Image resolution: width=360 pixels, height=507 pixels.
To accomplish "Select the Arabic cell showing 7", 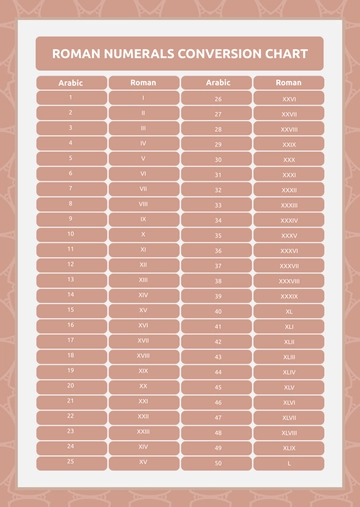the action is click(x=70, y=188).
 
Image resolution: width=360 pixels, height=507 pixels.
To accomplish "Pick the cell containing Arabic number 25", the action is click(x=70, y=462).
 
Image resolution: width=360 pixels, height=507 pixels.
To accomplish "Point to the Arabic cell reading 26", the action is click(x=217, y=99).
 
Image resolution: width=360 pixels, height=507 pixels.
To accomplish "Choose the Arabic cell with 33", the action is click(x=217, y=205).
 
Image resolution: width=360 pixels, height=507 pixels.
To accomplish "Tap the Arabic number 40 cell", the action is click(x=217, y=311).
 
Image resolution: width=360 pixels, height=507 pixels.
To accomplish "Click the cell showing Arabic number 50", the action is click(x=217, y=463).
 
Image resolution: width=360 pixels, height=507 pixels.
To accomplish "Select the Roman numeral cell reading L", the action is click(x=288, y=463).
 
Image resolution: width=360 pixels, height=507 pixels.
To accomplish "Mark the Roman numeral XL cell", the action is click(x=288, y=311).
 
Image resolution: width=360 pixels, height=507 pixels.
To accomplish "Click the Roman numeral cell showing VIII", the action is click(x=143, y=204).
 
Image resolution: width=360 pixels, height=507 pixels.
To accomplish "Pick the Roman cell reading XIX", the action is click(x=143, y=371).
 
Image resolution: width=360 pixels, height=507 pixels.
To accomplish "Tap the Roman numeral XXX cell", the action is click(x=288, y=159).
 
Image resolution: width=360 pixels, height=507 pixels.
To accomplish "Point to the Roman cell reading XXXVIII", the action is click(x=288, y=281).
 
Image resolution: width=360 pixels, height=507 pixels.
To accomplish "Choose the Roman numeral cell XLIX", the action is click(x=288, y=448).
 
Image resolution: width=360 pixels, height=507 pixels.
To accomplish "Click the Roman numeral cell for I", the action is click(x=143, y=98).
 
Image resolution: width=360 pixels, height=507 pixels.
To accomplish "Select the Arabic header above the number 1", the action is click(x=70, y=82).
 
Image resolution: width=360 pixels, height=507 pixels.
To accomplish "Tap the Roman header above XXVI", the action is click(x=288, y=82).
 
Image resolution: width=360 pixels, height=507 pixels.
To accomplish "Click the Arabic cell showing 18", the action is click(x=70, y=355).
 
